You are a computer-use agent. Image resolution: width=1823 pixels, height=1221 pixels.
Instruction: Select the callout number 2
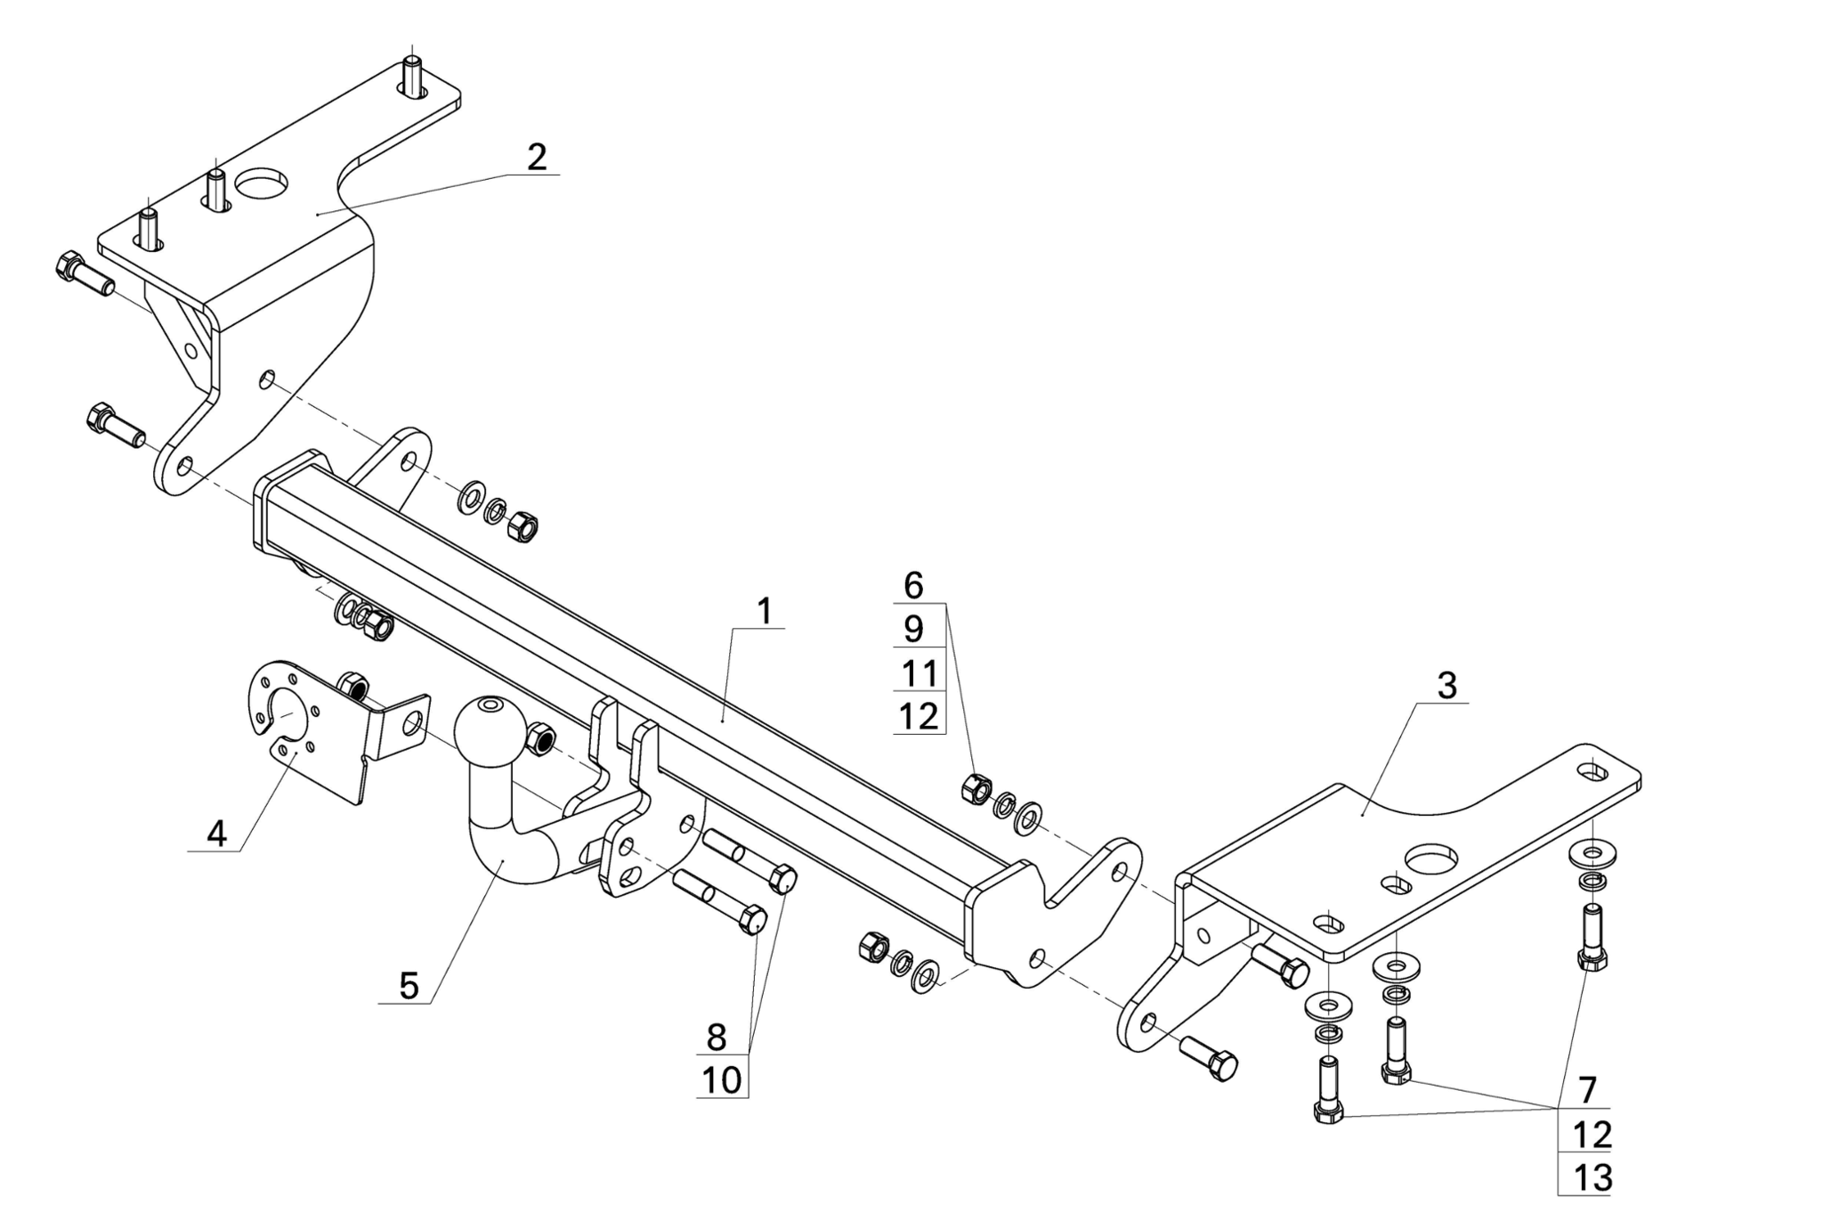point(537,157)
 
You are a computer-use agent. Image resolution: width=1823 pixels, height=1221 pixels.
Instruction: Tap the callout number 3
point(1446,686)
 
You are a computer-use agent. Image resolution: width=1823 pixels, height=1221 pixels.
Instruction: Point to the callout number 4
point(216,834)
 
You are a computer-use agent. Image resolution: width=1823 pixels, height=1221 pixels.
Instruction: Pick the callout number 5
point(409,986)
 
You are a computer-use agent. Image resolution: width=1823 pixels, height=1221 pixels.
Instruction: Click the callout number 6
point(913,585)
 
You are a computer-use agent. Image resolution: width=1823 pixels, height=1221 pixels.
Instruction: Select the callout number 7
point(1587,1089)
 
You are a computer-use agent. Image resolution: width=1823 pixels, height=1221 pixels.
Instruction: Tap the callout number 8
point(717,1037)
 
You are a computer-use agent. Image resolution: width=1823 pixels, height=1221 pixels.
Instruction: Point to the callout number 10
point(721,1080)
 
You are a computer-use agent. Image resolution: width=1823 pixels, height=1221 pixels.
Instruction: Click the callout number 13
point(1592,1177)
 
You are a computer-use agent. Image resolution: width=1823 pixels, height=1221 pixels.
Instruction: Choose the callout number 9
point(913,629)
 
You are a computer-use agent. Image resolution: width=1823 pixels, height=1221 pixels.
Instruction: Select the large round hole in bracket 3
point(1432,859)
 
